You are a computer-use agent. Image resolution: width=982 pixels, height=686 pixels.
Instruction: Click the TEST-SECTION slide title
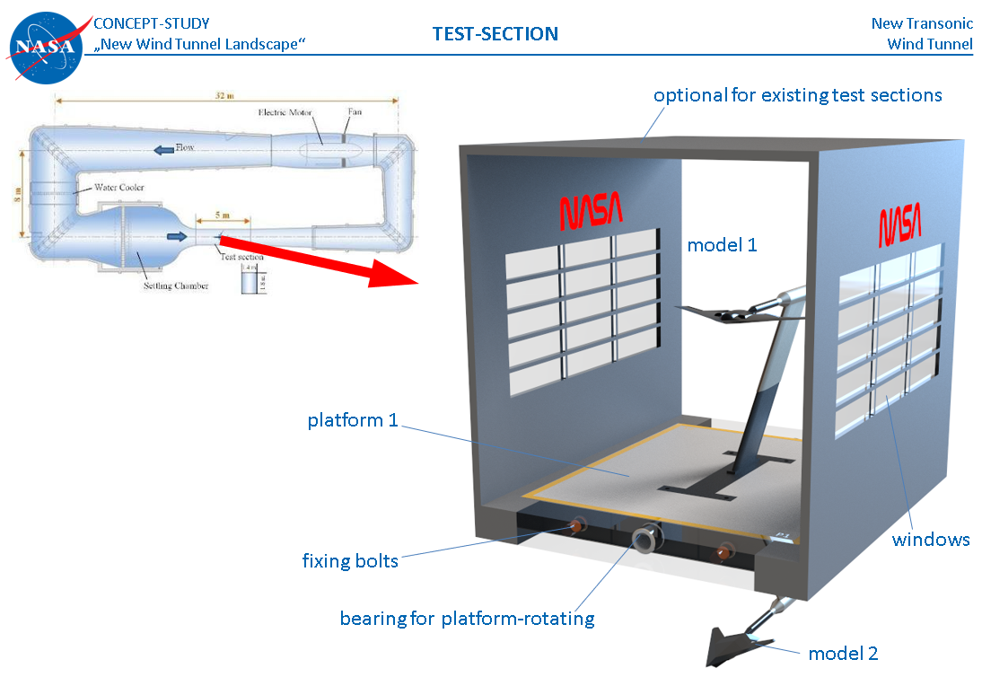click(495, 34)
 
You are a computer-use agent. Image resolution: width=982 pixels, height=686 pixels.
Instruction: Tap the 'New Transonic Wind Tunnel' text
click(922, 34)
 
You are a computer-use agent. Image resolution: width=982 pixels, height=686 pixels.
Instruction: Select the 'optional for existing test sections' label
click(797, 95)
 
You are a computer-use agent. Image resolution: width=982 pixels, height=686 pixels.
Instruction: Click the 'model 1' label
click(722, 244)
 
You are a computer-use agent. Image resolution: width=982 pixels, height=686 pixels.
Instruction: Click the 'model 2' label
click(843, 654)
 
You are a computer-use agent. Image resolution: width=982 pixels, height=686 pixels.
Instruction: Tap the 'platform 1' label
click(352, 420)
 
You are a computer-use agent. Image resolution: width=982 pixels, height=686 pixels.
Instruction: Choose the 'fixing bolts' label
click(350, 561)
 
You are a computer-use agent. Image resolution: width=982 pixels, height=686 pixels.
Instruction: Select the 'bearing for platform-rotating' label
click(467, 619)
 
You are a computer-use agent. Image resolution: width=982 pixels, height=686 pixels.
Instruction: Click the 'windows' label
click(931, 540)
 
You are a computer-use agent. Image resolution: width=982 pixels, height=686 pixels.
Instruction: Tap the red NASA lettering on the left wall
click(592, 212)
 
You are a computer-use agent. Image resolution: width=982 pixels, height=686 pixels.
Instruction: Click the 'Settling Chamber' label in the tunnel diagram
click(176, 286)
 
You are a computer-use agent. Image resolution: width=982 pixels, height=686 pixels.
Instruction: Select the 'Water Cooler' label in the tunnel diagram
click(119, 188)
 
